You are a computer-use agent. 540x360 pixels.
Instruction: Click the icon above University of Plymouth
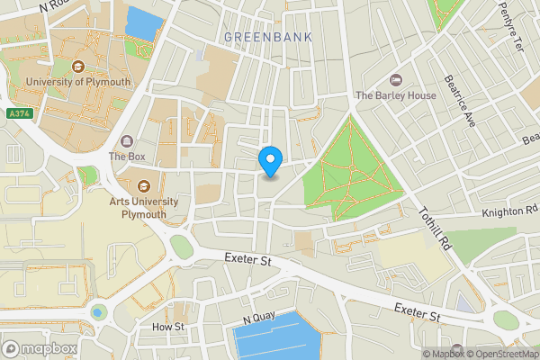(x=78, y=65)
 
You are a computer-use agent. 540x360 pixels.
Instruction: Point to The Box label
(x=127, y=156)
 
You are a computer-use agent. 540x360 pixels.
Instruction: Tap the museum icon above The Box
(x=127, y=140)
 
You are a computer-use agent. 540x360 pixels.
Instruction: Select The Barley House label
(x=396, y=94)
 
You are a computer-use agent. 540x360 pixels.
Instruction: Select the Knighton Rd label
(x=508, y=210)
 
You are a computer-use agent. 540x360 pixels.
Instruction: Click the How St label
(x=167, y=326)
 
